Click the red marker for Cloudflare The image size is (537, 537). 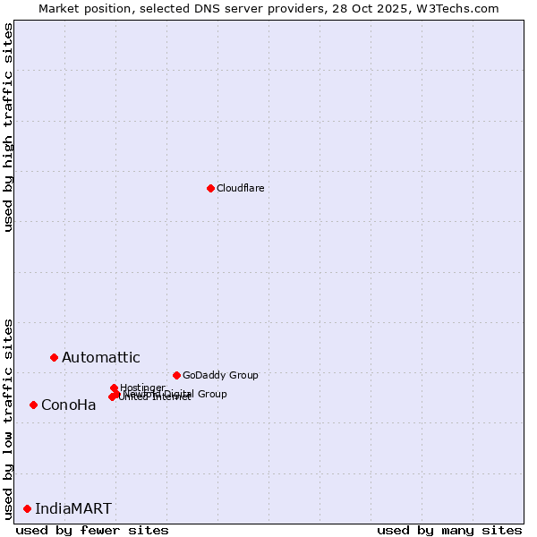pyautogui.click(x=210, y=188)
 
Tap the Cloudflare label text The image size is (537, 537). pyautogui.click(x=240, y=188)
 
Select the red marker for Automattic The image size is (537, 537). pyautogui.click(x=54, y=357)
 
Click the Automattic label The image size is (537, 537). pyautogui.click(x=100, y=358)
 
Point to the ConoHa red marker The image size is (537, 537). pyautogui.click(x=33, y=405)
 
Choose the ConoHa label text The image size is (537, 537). pyautogui.click(x=68, y=405)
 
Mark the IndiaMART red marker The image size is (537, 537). pyautogui.click(x=27, y=508)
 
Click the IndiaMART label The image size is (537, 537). pyautogui.click(x=73, y=509)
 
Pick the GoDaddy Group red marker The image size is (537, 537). pyautogui.click(x=176, y=375)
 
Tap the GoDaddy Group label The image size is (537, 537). pyautogui.click(x=220, y=375)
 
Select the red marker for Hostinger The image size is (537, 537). pyautogui.click(x=114, y=388)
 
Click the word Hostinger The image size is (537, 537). pyautogui.click(x=142, y=388)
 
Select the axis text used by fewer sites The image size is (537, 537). pyautogui.click(x=92, y=530)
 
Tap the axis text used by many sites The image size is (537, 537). pyautogui.click(x=449, y=530)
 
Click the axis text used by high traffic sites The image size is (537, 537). pyautogui.click(x=8, y=127)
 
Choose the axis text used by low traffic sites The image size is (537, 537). pyautogui.click(x=8, y=418)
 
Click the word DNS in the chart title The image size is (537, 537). pyautogui.click(x=209, y=8)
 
